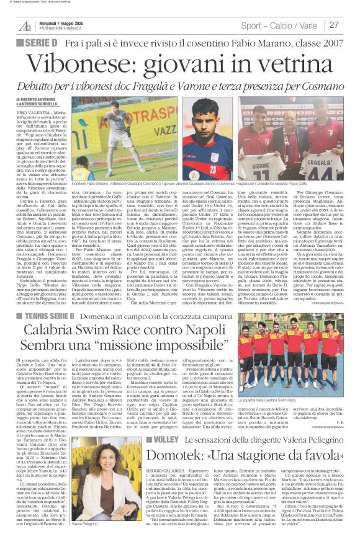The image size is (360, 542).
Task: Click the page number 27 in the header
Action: point(335,25)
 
